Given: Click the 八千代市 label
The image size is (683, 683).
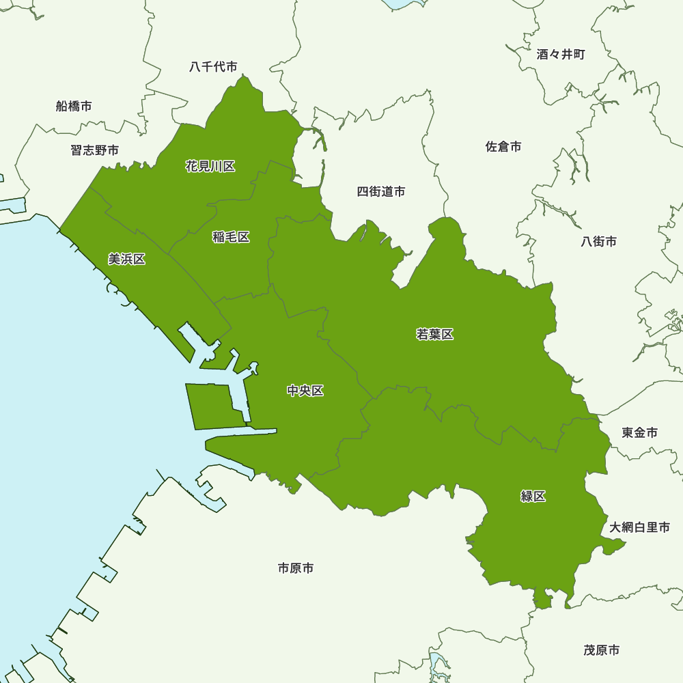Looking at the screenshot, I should pyautogui.click(x=213, y=67).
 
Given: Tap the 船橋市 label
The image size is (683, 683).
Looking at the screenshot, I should pyautogui.click(x=74, y=106).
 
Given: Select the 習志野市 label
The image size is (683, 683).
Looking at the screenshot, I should pyautogui.click(x=94, y=150).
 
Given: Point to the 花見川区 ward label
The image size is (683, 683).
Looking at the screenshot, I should pyautogui.click(x=210, y=166).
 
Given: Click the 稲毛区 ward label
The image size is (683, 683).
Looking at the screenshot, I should pyautogui.click(x=231, y=237).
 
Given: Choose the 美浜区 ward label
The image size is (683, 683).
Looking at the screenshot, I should pyautogui.click(x=127, y=259).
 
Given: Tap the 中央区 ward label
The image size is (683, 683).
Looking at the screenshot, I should pyautogui.click(x=305, y=391).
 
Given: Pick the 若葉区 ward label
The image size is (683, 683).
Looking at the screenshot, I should pyautogui.click(x=435, y=334).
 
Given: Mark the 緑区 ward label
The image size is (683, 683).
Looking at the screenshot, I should pyautogui.click(x=533, y=497).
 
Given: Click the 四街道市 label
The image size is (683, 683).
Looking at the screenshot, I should pyautogui.click(x=381, y=192).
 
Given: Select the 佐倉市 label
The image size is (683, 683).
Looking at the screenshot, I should pyautogui.click(x=503, y=146).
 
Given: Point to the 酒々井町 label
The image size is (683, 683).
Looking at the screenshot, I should pyautogui.click(x=561, y=55).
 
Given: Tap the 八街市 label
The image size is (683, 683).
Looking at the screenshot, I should pyautogui.click(x=599, y=241).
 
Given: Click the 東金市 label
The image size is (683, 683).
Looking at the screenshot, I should pyautogui.click(x=640, y=432).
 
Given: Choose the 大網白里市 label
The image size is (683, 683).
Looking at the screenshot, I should pyautogui.click(x=640, y=527).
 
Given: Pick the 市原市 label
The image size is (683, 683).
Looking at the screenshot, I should pyautogui.click(x=296, y=568).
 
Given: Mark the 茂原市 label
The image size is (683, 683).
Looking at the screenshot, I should pyautogui.click(x=602, y=650).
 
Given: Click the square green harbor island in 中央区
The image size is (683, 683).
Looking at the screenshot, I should pyautogui.click(x=213, y=406).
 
